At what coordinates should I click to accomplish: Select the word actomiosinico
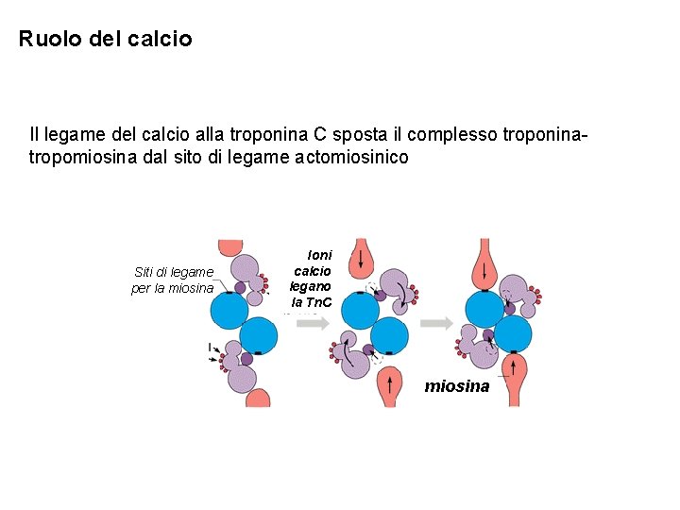[x=353, y=158]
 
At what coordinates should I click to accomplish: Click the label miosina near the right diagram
[x=457, y=386]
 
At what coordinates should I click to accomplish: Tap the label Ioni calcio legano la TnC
[x=311, y=279]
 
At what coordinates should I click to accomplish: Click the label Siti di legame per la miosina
[x=173, y=280]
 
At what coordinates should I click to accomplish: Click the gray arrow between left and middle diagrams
[x=312, y=323]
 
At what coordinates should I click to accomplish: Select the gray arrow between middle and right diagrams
[x=436, y=323]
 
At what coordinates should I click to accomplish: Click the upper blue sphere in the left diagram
[x=229, y=309]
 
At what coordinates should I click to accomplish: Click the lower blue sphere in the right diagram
[x=513, y=333]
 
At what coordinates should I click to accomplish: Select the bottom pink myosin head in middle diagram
[x=388, y=384]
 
